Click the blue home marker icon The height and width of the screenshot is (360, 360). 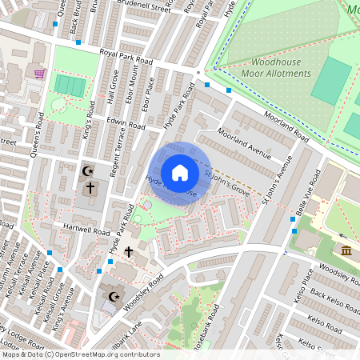[x=180, y=173]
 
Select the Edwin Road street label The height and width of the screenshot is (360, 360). [x=126, y=125]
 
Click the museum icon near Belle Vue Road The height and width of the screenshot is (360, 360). [x=346, y=251]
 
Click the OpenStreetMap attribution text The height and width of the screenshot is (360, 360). [x=80, y=354]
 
